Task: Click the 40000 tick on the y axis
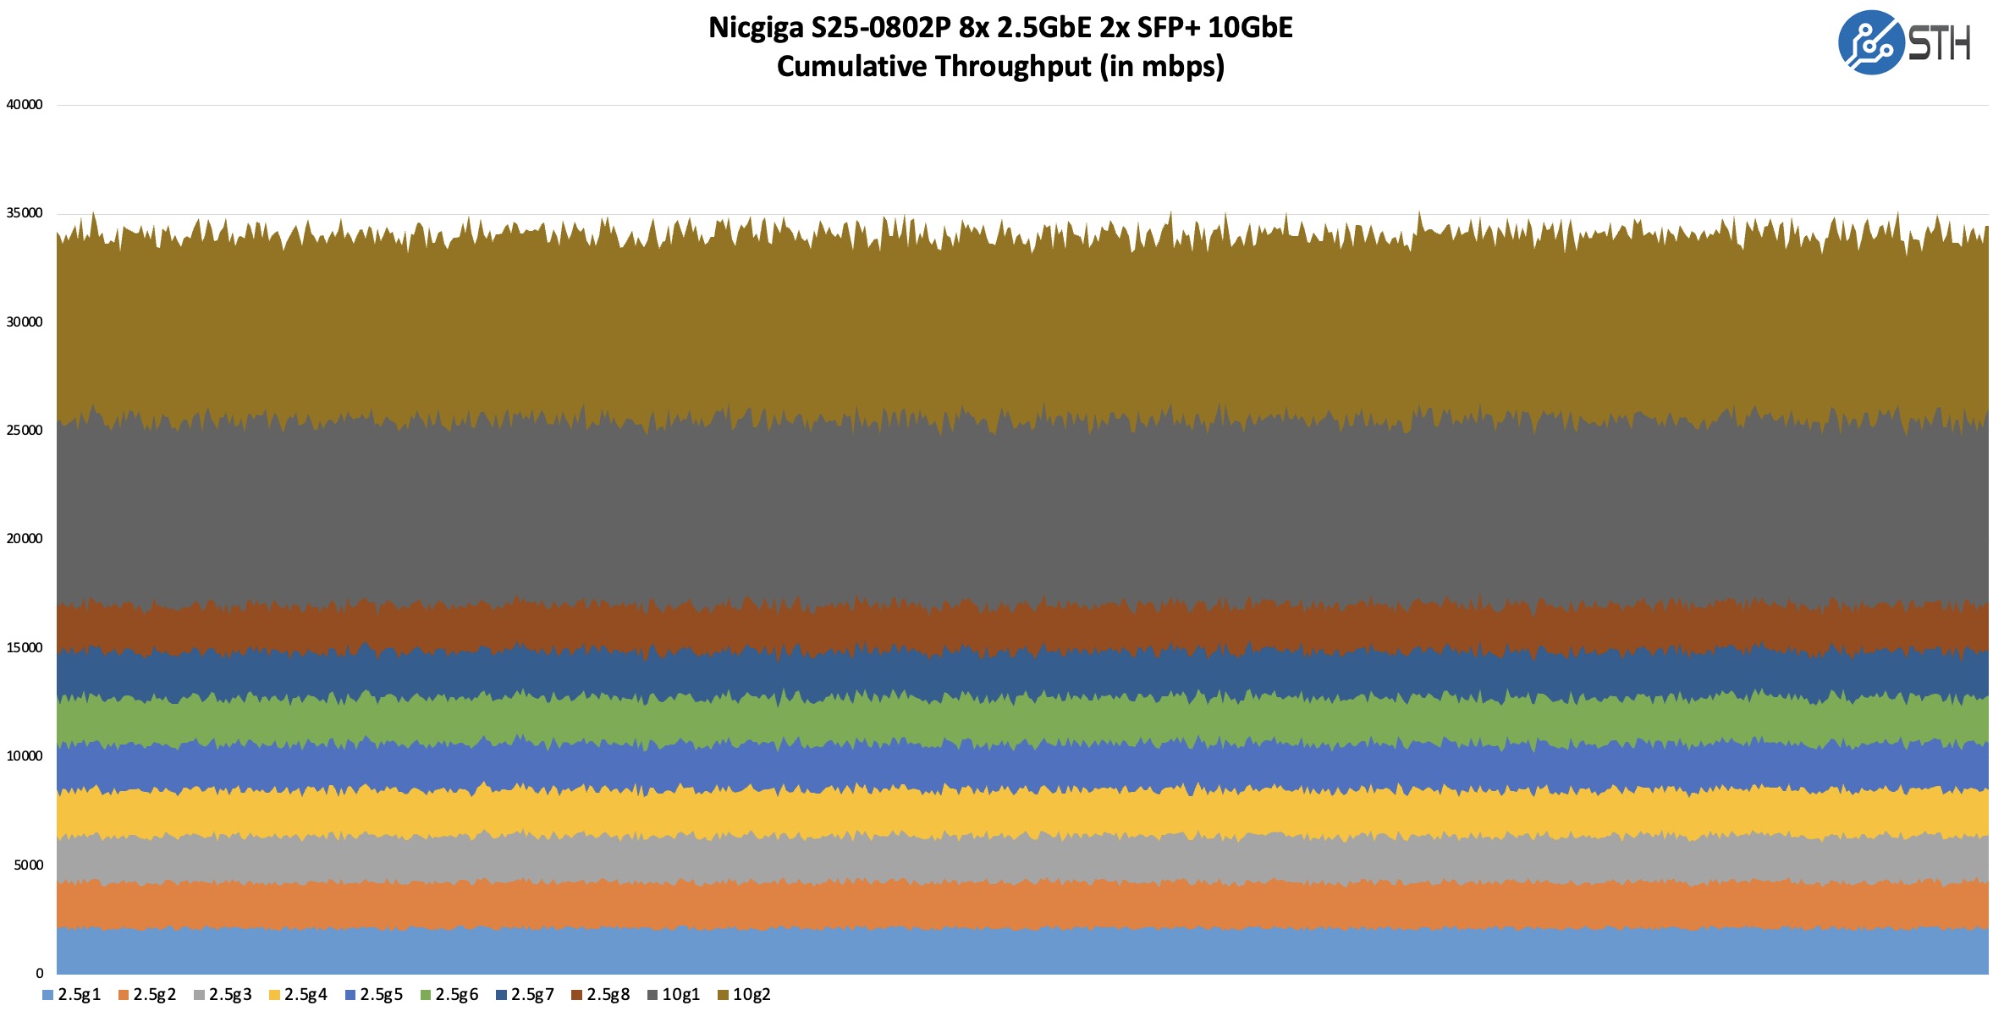25,105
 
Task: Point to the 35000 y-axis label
25,213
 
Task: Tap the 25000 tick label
25,431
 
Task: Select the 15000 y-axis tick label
25,648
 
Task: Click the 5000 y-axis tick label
28,865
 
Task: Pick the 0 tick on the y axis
39,974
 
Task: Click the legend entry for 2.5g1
72,995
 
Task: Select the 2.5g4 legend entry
298,995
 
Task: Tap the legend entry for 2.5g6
449,995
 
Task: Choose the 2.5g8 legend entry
601,995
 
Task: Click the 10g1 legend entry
674,995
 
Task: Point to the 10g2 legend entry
745,995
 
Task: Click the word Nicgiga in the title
756,28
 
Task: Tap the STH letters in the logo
1940,43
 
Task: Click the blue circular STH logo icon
1870,42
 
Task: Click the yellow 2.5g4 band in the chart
1016,814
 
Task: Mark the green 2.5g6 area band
1016,721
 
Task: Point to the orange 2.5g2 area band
1016,905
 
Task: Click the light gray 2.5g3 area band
1016,860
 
